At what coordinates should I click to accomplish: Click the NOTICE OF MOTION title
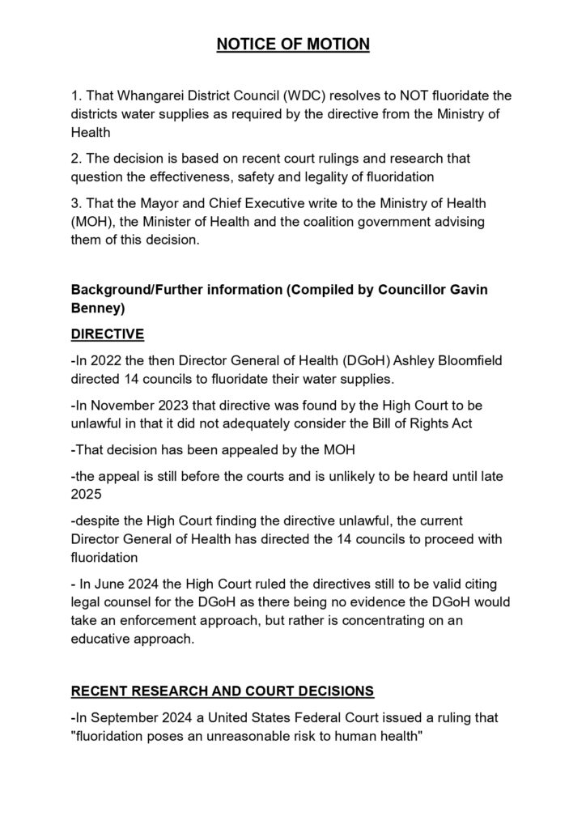pos(293,44)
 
